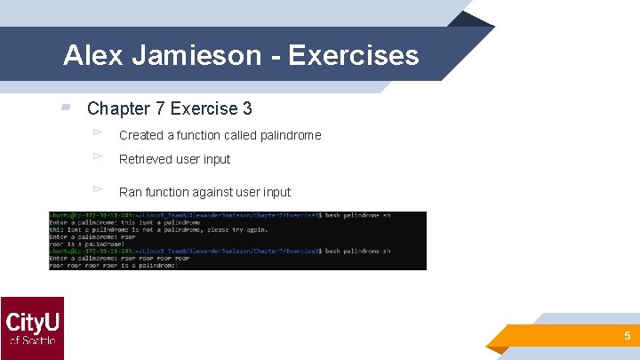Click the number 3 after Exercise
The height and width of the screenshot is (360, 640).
[246, 108]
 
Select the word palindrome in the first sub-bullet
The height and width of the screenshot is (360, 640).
[291, 136]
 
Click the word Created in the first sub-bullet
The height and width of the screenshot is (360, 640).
[140, 136]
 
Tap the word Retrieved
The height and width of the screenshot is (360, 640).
[147, 160]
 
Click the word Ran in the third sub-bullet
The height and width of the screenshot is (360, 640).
[130, 192]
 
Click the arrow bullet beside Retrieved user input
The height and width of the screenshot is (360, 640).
[99, 156]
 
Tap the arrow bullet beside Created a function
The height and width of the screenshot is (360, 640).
[99, 132]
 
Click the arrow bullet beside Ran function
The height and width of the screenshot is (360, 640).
[99, 188]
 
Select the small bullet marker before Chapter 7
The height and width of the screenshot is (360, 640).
[66, 108]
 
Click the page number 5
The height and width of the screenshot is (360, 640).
[627, 336]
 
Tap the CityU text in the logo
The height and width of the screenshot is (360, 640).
[32, 320]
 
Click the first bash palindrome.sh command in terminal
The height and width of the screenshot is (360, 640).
[356, 216]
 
